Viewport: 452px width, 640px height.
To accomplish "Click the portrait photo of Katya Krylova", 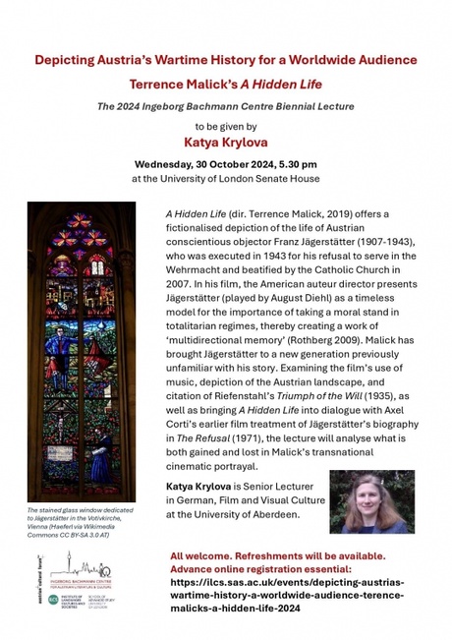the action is tap(371, 501).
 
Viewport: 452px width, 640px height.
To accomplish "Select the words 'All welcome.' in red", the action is tap(202, 554).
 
